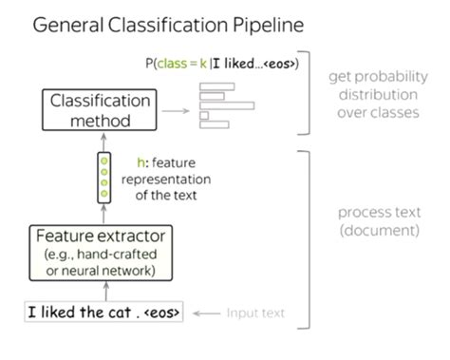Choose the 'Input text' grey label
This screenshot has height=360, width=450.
click(255, 312)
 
